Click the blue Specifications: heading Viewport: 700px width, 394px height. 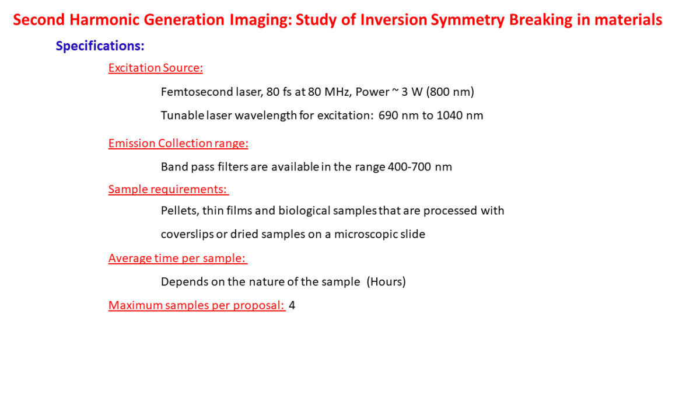click(x=100, y=46)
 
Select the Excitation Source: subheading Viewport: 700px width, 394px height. click(x=156, y=68)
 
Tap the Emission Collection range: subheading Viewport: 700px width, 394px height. click(x=178, y=143)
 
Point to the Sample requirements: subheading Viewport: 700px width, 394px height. click(x=169, y=190)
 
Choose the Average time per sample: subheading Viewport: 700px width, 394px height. click(x=178, y=258)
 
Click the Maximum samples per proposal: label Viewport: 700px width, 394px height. click(x=197, y=305)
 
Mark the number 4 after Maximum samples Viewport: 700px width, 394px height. click(x=292, y=305)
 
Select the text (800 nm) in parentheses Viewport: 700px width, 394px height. click(x=450, y=92)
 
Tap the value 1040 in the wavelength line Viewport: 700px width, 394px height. click(x=450, y=116)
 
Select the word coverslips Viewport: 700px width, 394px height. click(x=187, y=235)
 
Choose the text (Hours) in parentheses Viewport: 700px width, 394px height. click(x=386, y=282)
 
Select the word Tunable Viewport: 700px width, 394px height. click(x=183, y=116)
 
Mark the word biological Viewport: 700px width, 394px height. click(x=304, y=211)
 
